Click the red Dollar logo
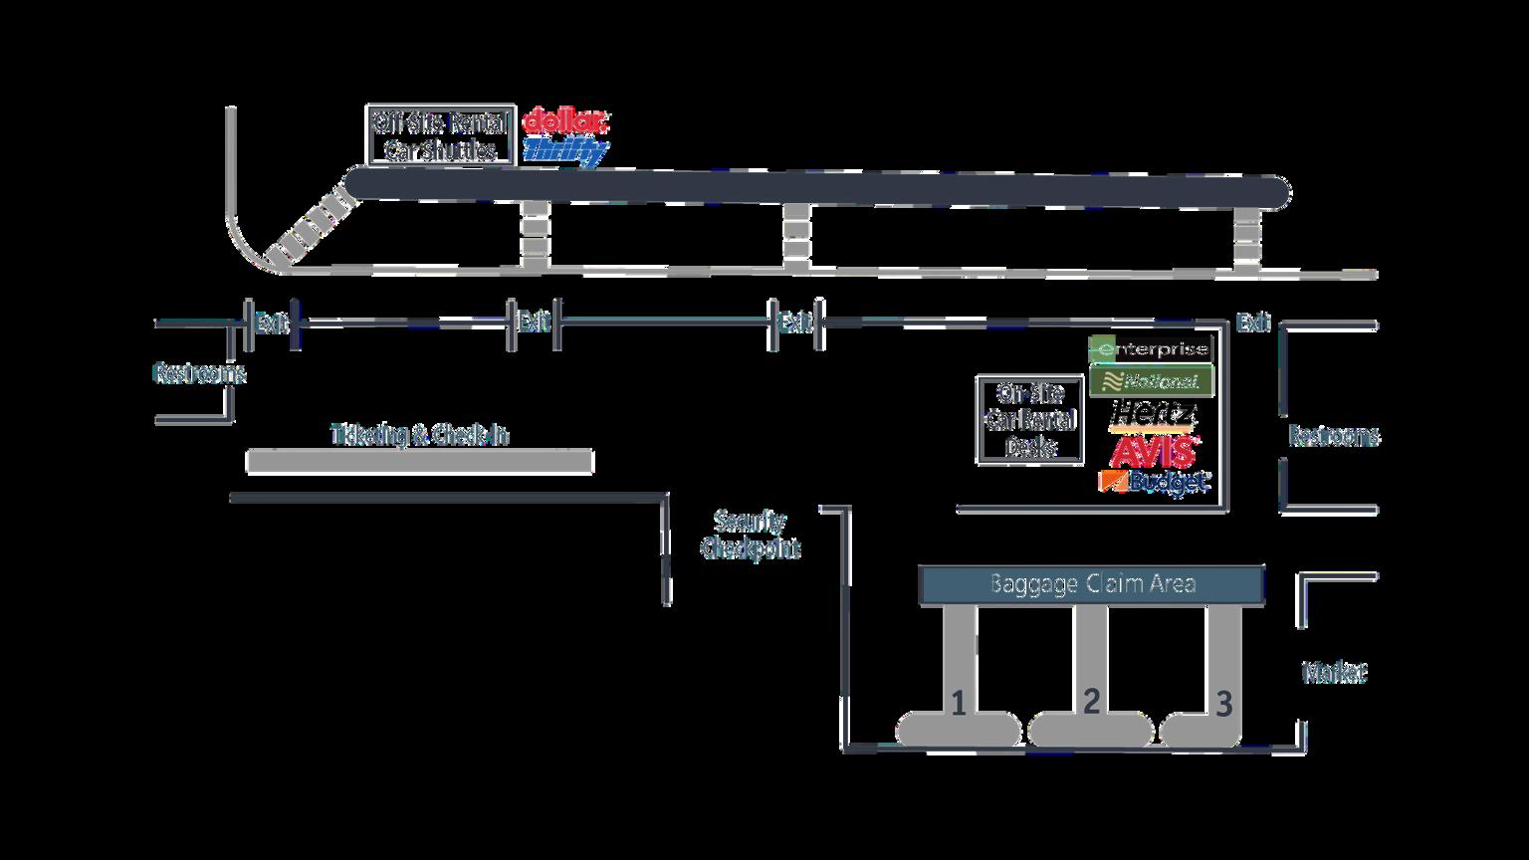pyautogui.click(x=564, y=121)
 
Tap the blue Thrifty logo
pyautogui.click(x=564, y=151)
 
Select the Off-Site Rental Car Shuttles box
pyautogui.click(x=440, y=135)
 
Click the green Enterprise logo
pyautogui.click(x=1151, y=349)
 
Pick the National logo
pyautogui.click(x=1151, y=381)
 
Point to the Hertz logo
pyautogui.click(x=1154, y=413)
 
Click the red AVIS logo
pyautogui.click(x=1154, y=451)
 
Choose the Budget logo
pyautogui.click(x=1154, y=482)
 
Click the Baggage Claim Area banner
pyautogui.click(x=1091, y=584)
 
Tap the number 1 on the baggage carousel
pyautogui.click(x=958, y=705)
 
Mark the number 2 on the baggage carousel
pyautogui.click(x=1091, y=702)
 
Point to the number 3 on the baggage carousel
pyautogui.click(x=1223, y=705)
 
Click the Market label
pyautogui.click(x=1334, y=673)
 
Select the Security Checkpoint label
pyautogui.click(x=751, y=535)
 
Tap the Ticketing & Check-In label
pyautogui.click(x=419, y=435)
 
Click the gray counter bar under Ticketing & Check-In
pyautogui.click(x=419, y=462)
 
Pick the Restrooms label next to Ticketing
pyautogui.click(x=198, y=373)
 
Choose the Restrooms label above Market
pyautogui.click(x=1333, y=436)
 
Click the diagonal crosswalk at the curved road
pyautogui.click(x=316, y=228)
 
